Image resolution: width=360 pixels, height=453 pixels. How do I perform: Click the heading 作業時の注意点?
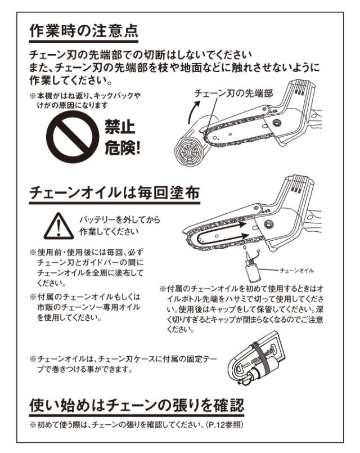(84, 30)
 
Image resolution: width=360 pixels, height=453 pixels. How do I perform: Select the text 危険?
(123, 149)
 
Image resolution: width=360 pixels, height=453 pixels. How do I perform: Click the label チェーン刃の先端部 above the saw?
(233, 93)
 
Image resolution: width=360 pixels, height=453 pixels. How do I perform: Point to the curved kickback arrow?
(193, 113)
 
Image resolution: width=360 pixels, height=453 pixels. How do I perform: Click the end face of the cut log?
(188, 152)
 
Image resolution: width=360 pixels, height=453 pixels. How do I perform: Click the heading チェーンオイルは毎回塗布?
(115, 192)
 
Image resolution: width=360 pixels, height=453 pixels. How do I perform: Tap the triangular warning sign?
(58, 226)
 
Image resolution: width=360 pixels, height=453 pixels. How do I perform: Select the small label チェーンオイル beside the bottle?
(296, 271)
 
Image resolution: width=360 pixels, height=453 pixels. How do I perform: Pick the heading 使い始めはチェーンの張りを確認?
(137, 406)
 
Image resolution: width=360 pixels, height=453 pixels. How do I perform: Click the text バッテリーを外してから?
(120, 220)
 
